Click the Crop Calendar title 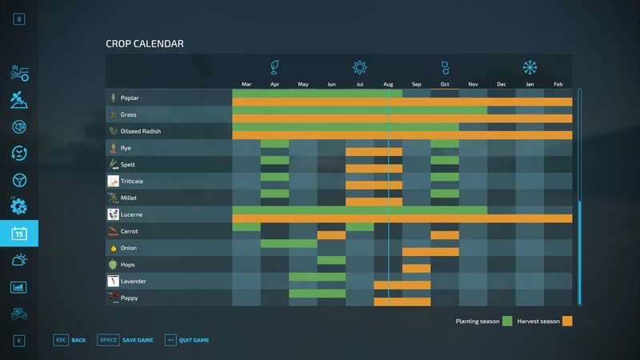click(145, 44)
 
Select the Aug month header click(388, 84)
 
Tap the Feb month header click(558, 84)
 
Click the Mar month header click(246, 84)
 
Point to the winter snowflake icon click(530, 67)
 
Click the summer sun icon click(360, 67)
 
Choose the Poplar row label click(130, 98)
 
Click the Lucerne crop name click(132, 215)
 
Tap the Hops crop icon click(114, 265)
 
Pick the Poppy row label click(130, 298)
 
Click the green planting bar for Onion click(289, 243)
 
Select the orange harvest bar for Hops click(416, 269)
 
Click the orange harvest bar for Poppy click(402, 302)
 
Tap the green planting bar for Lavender click(317, 277)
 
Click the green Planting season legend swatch click(506, 321)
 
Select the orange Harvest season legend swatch click(567, 321)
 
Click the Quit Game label click(194, 340)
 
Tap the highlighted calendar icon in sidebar click(19, 234)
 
